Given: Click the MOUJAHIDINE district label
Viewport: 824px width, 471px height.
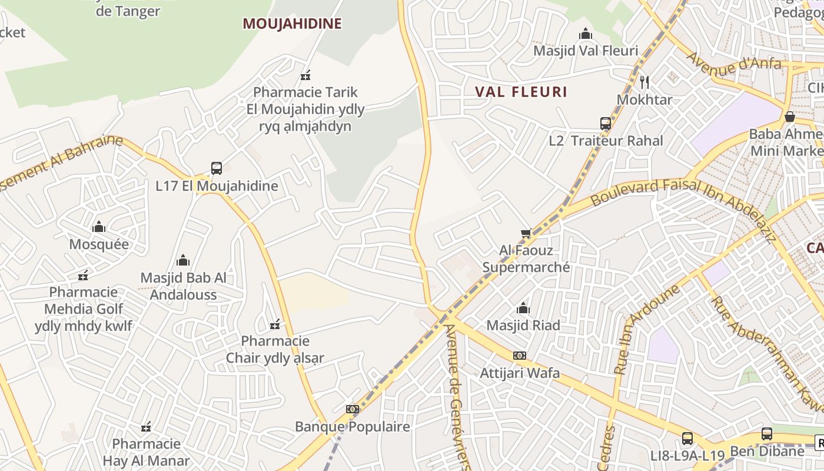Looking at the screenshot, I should click(x=292, y=24).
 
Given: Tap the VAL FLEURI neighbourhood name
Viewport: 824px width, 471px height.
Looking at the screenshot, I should click(x=521, y=92).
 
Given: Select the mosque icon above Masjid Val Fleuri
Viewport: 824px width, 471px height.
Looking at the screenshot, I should click(x=585, y=34).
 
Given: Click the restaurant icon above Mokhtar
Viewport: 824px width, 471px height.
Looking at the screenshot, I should click(x=644, y=82).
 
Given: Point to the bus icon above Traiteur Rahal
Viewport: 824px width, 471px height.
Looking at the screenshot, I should click(x=606, y=124).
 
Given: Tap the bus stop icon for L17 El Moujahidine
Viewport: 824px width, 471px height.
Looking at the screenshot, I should click(x=217, y=168).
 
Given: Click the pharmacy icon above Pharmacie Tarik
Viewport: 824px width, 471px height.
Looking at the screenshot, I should click(x=305, y=75).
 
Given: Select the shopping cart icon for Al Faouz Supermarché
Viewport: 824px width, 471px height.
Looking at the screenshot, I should click(x=526, y=234).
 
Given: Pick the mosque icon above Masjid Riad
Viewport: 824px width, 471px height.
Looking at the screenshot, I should click(x=523, y=308).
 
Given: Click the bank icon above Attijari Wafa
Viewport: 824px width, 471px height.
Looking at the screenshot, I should click(x=519, y=356).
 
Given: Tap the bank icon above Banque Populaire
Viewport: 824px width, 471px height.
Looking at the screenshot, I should click(x=352, y=409).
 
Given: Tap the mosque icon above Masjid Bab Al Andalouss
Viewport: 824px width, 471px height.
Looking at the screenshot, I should click(x=183, y=260).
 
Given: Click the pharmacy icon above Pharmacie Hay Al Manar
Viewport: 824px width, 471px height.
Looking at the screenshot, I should click(x=146, y=427).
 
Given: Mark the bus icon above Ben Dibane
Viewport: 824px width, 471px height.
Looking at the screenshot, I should click(x=766, y=434).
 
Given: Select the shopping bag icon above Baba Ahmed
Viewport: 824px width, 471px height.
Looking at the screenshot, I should click(x=789, y=117).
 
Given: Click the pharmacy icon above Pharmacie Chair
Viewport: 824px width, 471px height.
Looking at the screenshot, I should click(x=274, y=324).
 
